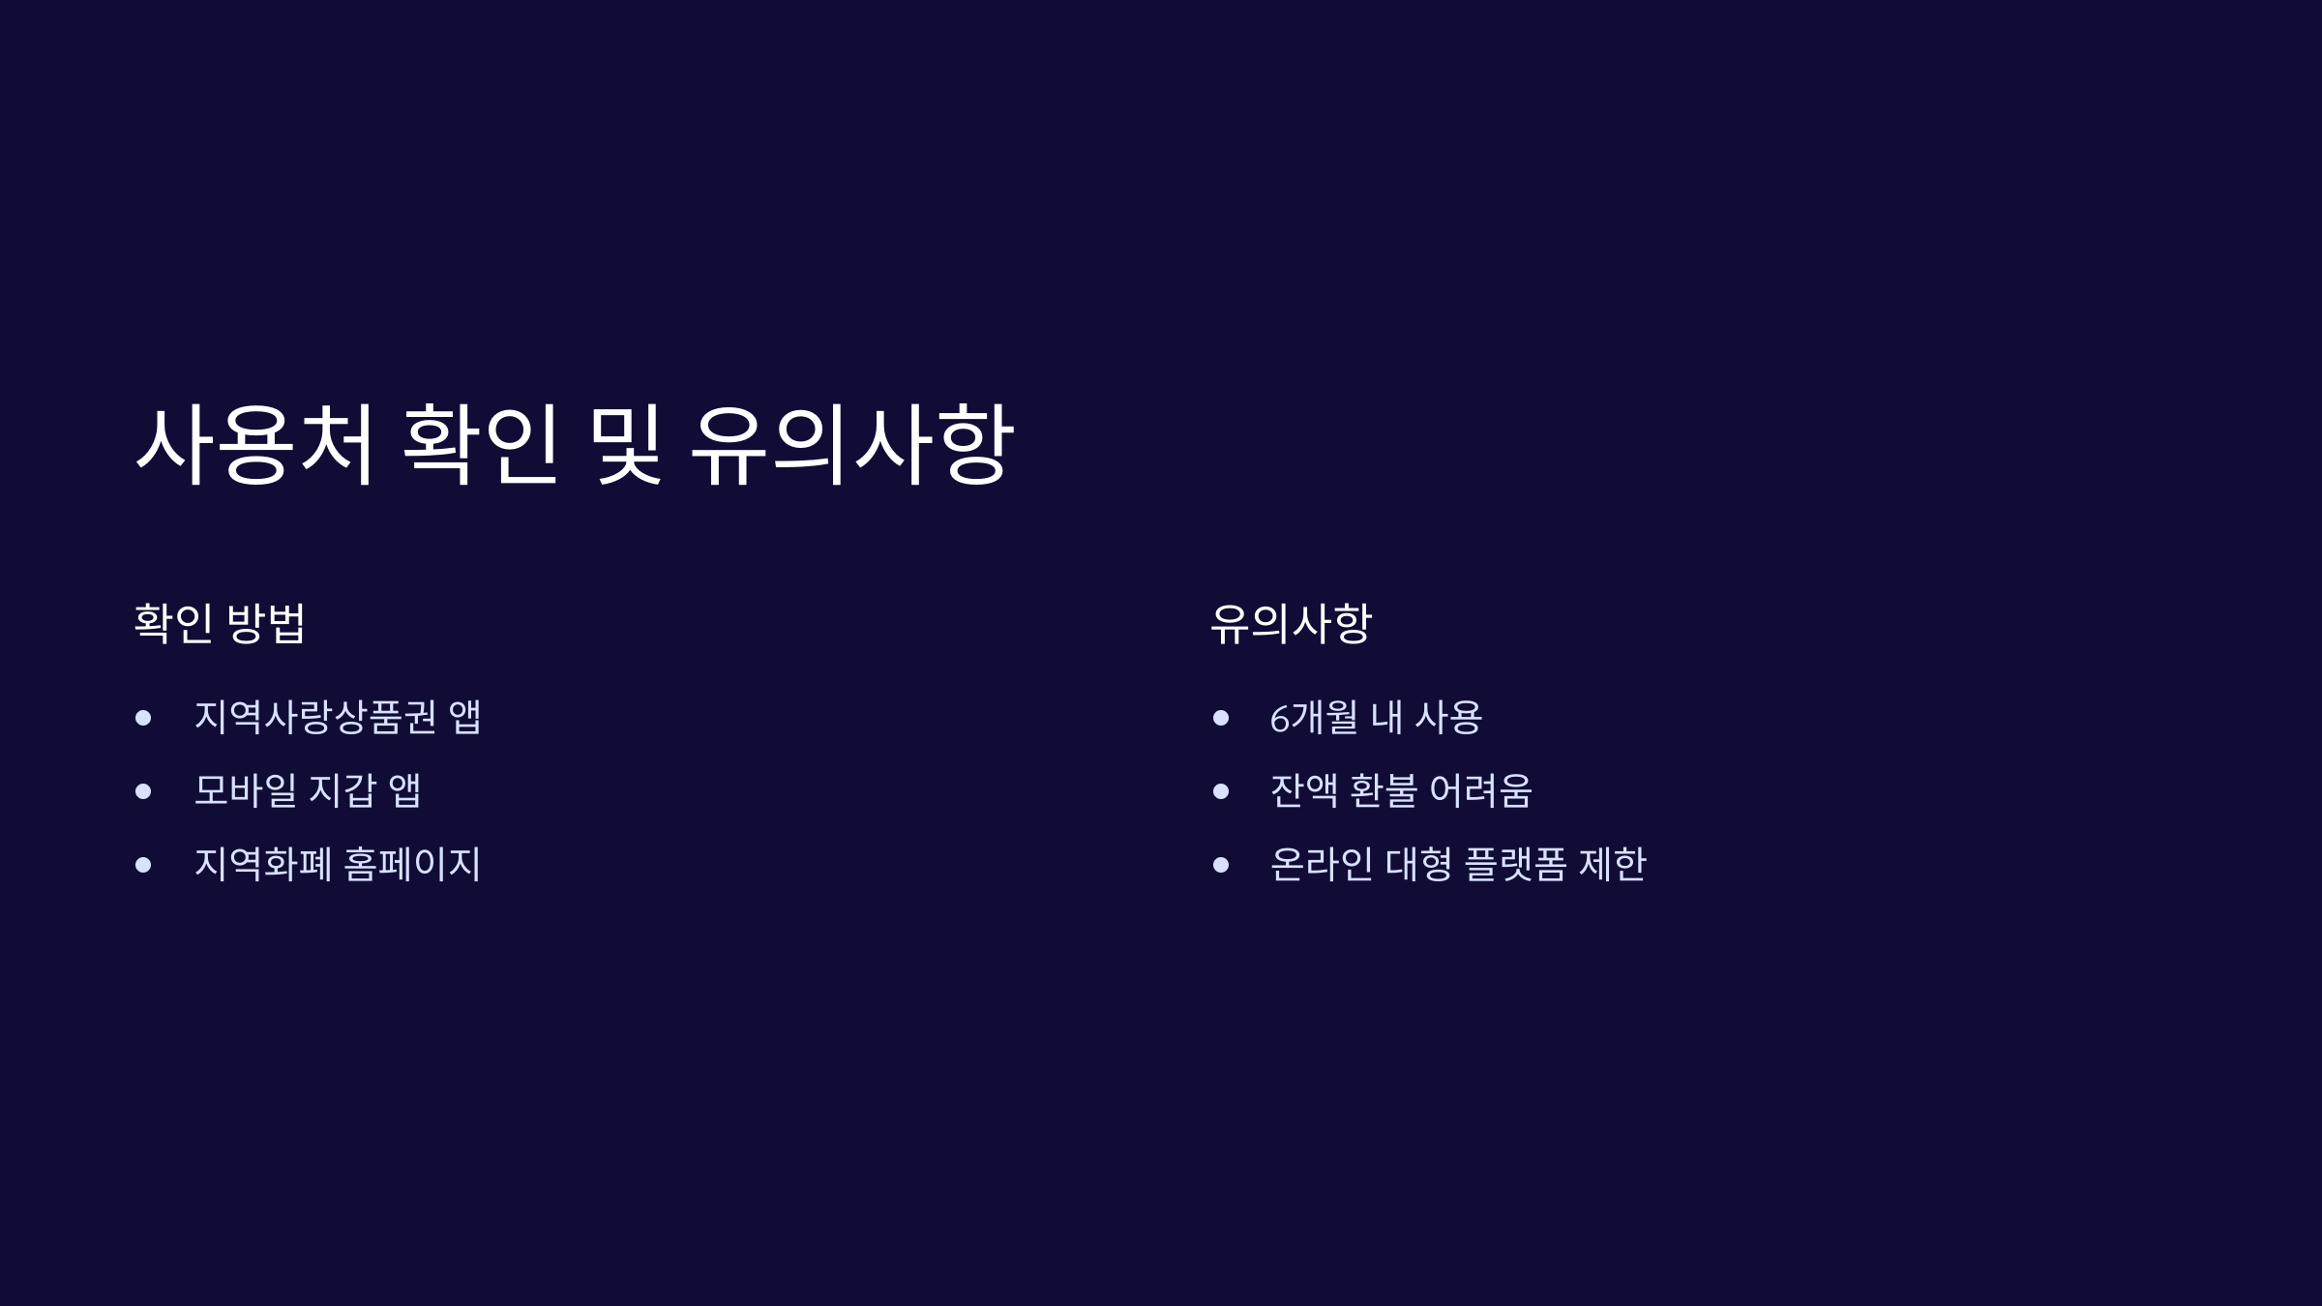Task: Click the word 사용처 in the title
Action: click(x=255, y=445)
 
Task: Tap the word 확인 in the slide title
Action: click(x=481, y=445)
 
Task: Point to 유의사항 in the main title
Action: click(x=852, y=445)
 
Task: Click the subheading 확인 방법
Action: click(x=220, y=623)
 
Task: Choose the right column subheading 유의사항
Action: click(x=1291, y=623)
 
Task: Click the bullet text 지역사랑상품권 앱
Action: click(x=338, y=717)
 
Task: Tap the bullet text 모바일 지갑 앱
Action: click(x=308, y=790)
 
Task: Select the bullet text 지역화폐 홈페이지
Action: click(x=338, y=864)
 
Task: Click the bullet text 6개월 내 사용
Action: click(x=1376, y=717)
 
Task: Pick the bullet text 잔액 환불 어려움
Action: click(x=1401, y=790)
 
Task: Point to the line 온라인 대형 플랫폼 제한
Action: click(x=1457, y=864)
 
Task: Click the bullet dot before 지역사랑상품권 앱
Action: click(x=143, y=718)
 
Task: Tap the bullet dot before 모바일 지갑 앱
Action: click(x=143, y=791)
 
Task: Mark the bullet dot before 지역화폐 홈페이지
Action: click(x=143, y=865)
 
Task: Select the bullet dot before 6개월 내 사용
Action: click(x=1221, y=718)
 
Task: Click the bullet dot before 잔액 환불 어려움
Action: click(x=1221, y=791)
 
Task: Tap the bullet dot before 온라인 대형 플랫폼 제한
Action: click(x=1221, y=865)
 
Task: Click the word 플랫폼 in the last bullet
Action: click(x=1515, y=864)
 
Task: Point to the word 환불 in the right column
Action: click(x=1384, y=790)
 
